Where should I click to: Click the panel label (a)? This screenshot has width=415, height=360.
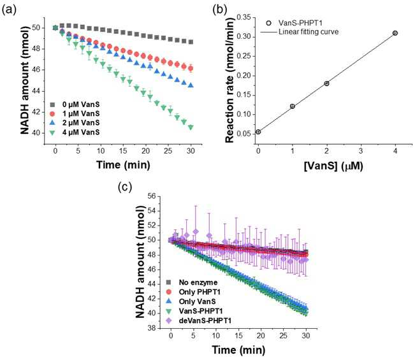(x=9, y=10)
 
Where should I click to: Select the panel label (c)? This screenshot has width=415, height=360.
(x=125, y=187)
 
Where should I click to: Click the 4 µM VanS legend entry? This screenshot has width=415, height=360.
(x=75, y=133)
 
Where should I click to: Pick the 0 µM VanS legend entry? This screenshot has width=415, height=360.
(x=75, y=104)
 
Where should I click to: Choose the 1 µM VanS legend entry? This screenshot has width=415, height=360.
(x=75, y=114)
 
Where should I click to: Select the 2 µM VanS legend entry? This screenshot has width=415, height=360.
(x=75, y=123)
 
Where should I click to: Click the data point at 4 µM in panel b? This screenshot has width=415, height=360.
(x=395, y=33)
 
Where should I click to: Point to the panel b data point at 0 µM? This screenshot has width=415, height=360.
(x=258, y=132)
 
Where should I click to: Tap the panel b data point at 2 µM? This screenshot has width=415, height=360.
(x=326, y=83)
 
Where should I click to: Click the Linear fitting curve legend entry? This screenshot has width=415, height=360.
(x=300, y=32)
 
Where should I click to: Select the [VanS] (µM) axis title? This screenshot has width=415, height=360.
(x=333, y=166)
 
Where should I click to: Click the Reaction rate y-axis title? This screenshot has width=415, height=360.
(x=230, y=80)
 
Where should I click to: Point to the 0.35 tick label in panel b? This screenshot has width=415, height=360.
(x=244, y=17)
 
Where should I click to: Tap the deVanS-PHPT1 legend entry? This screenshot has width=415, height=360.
(x=199, y=321)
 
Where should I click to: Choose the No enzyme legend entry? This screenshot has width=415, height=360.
(x=192, y=282)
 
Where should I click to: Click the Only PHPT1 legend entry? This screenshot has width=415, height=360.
(x=193, y=292)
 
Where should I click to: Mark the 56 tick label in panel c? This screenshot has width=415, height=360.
(x=152, y=196)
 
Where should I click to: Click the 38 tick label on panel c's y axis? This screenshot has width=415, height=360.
(x=152, y=328)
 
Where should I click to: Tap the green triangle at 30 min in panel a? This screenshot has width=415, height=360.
(x=191, y=127)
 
